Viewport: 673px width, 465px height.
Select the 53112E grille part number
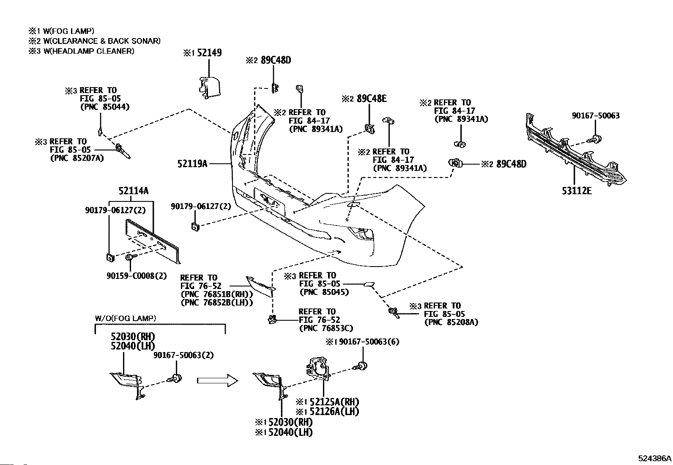point(577,191)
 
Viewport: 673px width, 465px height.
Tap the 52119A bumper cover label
point(192,163)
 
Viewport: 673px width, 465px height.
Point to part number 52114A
point(133,191)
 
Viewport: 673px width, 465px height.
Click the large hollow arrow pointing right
point(217,380)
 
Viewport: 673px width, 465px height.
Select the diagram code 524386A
point(654,458)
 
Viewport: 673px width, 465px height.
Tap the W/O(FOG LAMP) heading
point(125,318)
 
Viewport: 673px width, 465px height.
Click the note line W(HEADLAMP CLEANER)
point(88,51)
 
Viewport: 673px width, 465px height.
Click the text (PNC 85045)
point(324,292)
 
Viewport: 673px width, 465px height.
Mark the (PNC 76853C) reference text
point(326,328)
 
